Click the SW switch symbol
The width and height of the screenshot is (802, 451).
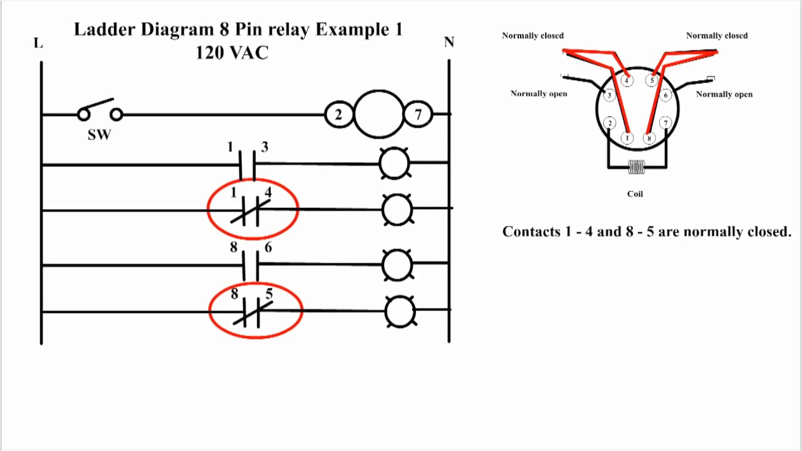99,113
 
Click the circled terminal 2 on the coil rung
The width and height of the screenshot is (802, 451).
338,115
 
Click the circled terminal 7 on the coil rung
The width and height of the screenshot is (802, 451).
418,115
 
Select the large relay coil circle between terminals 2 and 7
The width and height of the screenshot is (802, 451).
378,114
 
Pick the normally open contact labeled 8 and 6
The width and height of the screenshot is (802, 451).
250,265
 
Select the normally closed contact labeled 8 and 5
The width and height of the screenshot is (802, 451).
253,311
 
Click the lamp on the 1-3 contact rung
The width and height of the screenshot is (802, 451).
394,164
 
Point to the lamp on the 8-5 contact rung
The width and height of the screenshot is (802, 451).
400,311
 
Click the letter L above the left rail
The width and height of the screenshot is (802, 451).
38,43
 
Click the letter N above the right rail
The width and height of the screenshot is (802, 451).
449,43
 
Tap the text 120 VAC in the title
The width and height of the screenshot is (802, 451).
232,53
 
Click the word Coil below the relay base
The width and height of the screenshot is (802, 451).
635,194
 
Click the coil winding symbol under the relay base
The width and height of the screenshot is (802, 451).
637,167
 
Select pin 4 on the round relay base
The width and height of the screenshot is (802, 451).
626,80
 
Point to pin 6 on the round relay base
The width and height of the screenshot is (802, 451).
666,96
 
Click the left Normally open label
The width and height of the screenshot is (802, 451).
538,94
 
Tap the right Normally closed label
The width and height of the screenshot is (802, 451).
716,36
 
